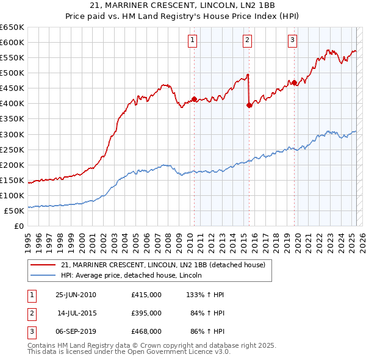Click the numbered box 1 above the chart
click(192, 40)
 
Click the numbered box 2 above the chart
click(247, 40)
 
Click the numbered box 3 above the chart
click(292, 40)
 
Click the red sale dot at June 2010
click(194, 99)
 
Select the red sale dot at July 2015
click(249, 105)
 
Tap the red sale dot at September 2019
click(294, 82)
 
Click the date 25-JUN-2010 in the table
click(76, 295)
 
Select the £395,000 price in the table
click(146, 313)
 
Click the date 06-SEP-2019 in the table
click(76, 331)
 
